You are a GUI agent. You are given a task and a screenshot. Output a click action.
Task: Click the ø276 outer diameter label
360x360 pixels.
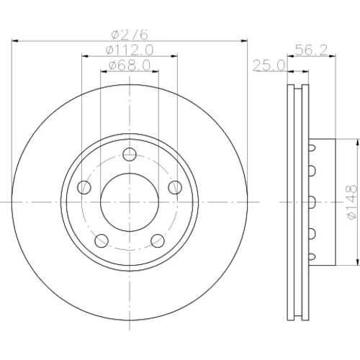click(130, 35)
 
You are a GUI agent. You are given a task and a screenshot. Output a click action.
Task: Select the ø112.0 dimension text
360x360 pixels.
click(130, 50)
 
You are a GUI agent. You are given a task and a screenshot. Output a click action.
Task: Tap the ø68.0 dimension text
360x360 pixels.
click(130, 66)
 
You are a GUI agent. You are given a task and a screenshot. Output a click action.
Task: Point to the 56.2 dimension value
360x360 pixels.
click(311, 50)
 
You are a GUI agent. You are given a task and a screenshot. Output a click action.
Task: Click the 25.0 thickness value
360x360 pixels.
click(269, 66)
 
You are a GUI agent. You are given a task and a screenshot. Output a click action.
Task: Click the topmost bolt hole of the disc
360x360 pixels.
click(130, 154)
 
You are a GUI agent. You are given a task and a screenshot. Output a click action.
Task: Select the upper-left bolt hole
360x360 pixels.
click(84, 187)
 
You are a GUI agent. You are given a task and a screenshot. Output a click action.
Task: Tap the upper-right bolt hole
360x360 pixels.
click(175, 187)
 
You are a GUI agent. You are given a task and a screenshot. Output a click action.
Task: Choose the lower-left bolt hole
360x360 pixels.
click(102, 240)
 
